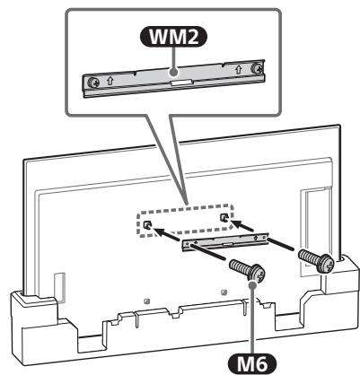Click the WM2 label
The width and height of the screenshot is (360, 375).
pyautogui.click(x=173, y=37)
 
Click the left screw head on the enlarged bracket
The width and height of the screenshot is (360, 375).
pyautogui.click(x=93, y=83)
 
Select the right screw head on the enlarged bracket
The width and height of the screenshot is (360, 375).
pyautogui.click(x=256, y=68)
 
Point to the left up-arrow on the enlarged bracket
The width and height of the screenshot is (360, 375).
pyautogui.click(x=110, y=81)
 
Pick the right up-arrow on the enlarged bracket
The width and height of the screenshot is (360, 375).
pyautogui.click(x=239, y=69)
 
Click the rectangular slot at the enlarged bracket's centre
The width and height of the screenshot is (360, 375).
pyautogui.click(x=180, y=82)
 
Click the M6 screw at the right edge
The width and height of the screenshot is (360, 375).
pyautogui.click(x=317, y=261)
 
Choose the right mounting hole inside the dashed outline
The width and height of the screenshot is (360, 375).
pyautogui.click(x=224, y=218)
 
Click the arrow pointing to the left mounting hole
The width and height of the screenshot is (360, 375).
pyautogui.click(x=168, y=233)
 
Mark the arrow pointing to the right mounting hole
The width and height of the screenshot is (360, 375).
pyautogui.click(x=242, y=225)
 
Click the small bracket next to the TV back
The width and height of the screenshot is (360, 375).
pyautogui.click(x=224, y=242)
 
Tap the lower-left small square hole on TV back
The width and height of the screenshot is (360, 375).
pyautogui.click(x=146, y=301)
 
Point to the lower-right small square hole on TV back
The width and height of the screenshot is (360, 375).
pyautogui.click(x=223, y=292)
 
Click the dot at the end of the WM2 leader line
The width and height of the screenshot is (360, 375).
pyautogui.click(x=173, y=72)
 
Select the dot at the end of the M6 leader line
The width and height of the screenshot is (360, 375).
pyautogui.click(x=253, y=284)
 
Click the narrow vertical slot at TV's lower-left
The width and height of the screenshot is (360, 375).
pyautogui.click(x=59, y=288)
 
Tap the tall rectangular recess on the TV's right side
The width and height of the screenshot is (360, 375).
pyautogui.click(x=316, y=227)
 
